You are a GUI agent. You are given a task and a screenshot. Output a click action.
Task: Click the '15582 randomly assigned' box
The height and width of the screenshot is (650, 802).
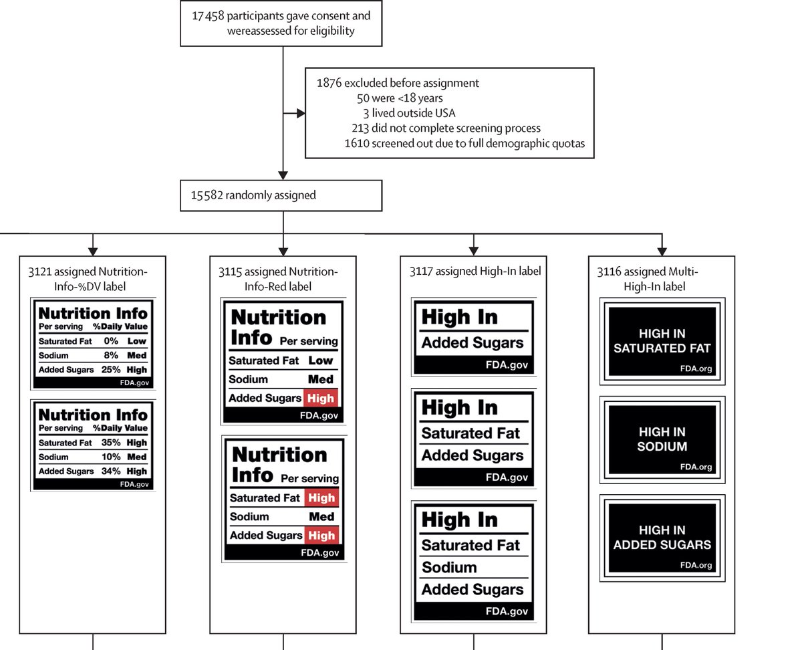coord(281,196)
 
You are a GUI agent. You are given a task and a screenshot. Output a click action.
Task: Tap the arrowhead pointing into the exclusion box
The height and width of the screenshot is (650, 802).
coord(300,113)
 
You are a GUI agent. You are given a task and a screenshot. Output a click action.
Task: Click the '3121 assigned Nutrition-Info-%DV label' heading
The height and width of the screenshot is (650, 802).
coord(92,278)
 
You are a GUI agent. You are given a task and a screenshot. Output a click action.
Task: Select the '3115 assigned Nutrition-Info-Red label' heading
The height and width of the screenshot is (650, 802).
coord(283,278)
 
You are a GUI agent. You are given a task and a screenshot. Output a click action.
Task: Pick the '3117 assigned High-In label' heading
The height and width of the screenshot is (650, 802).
coord(475,272)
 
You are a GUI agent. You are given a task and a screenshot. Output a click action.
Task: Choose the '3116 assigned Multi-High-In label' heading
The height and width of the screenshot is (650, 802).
coord(660,278)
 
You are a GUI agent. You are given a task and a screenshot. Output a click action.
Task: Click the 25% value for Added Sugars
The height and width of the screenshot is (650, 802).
coord(111,370)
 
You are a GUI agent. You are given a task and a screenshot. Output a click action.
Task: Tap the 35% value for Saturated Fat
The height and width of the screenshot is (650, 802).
coord(111,443)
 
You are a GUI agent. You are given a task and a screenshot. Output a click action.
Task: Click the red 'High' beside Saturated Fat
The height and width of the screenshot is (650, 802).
coord(321,498)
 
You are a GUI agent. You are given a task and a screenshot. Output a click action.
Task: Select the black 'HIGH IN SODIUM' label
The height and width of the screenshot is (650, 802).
coord(662,439)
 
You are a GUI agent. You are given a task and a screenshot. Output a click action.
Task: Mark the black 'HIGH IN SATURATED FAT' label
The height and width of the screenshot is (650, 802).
coord(662,341)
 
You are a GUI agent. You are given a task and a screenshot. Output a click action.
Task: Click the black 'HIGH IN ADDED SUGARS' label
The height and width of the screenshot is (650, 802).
coord(662,538)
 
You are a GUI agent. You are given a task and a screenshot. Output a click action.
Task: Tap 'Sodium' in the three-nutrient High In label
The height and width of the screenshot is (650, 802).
coord(449,568)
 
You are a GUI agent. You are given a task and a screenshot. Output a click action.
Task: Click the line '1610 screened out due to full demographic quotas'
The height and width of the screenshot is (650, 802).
coord(464,142)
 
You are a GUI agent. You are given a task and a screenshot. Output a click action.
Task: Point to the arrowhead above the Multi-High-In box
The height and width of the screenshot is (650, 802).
coord(662,251)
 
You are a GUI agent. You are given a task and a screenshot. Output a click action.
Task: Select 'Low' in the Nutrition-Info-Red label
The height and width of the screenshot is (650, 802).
coord(321,360)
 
